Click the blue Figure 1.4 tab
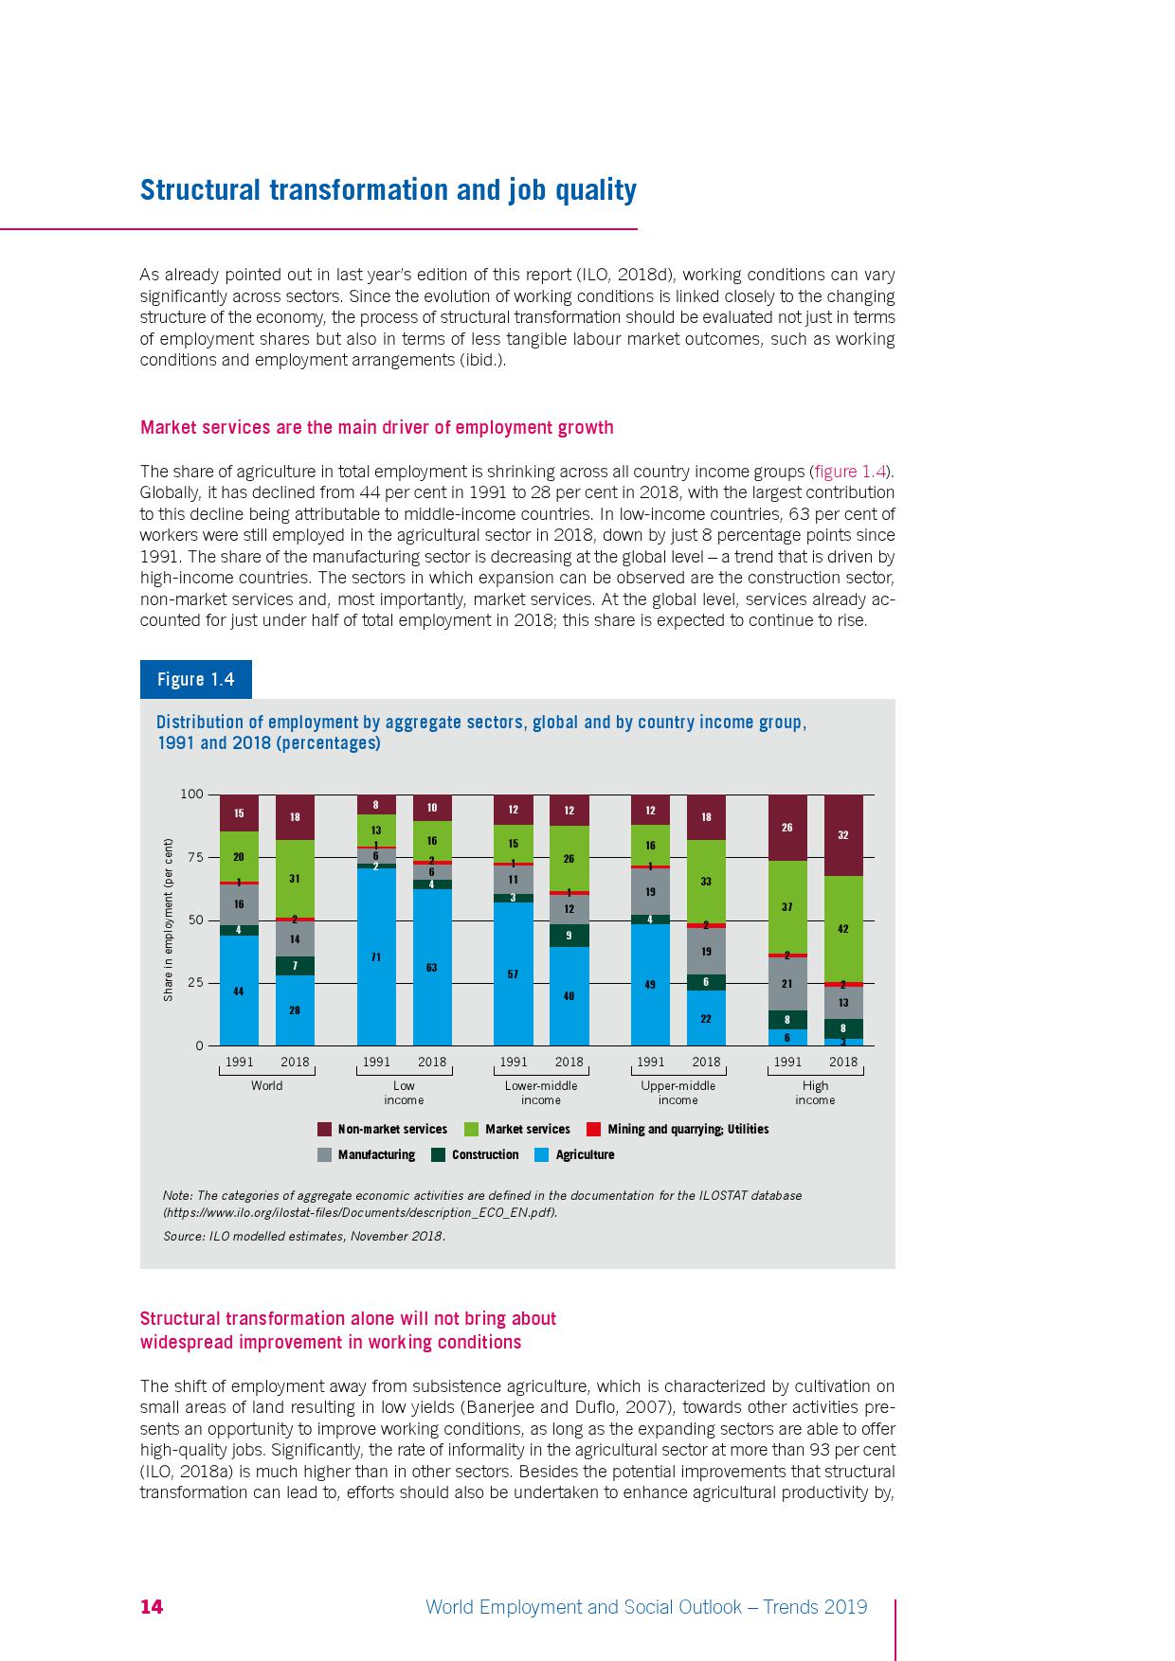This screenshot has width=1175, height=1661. pyautogui.click(x=195, y=679)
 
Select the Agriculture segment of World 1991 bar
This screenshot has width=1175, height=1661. pyautogui.click(x=239, y=990)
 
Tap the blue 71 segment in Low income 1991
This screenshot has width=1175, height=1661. pyautogui.click(x=376, y=956)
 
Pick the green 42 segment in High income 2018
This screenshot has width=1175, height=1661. pyautogui.click(x=843, y=929)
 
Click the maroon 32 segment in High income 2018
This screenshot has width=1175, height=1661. pyautogui.click(x=843, y=835)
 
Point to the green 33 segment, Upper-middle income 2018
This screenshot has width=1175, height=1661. pyautogui.click(x=706, y=881)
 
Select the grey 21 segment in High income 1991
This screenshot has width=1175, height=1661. pyautogui.click(x=787, y=984)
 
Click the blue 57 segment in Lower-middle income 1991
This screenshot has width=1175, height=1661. pyautogui.click(x=513, y=973)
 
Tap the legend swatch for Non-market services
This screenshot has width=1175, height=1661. pyautogui.click(x=324, y=1129)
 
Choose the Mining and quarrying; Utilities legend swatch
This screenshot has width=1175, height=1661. pyautogui.click(x=594, y=1129)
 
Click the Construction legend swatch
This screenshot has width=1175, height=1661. pyautogui.click(x=438, y=1154)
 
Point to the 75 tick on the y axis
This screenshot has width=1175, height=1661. pyautogui.click(x=195, y=857)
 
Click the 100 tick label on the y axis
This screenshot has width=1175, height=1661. pyautogui.click(x=191, y=794)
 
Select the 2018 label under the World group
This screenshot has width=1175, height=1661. pyautogui.click(x=295, y=1062)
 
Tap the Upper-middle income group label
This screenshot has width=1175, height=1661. pyautogui.click(x=678, y=1093)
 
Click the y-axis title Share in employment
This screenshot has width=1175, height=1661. pyautogui.click(x=168, y=920)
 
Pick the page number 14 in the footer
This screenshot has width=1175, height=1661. pyautogui.click(x=152, y=1606)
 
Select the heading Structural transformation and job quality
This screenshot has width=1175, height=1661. pyautogui.click(x=388, y=190)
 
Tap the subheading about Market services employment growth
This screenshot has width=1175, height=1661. pyautogui.click(x=376, y=427)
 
